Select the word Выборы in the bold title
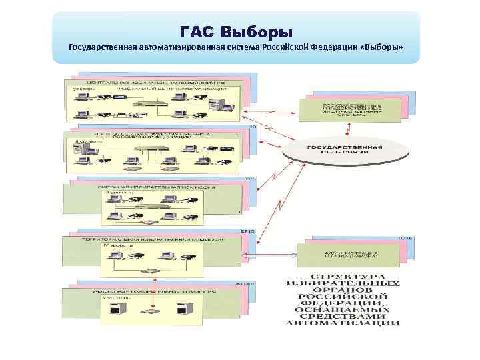(x=256, y=31)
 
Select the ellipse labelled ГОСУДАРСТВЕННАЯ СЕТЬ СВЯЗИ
(x=343, y=151)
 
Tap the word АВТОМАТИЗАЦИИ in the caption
(x=343, y=323)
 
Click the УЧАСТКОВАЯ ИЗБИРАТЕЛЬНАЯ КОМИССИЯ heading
(x=147, y=291)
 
